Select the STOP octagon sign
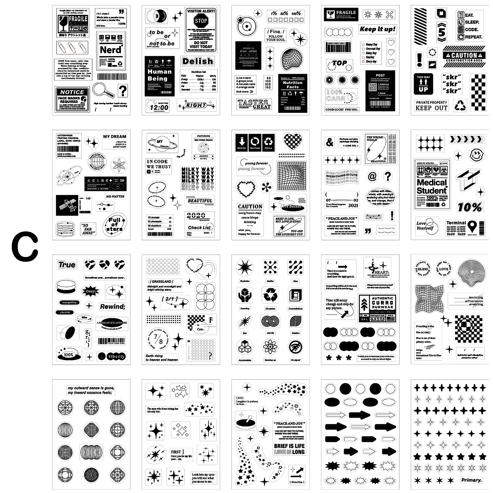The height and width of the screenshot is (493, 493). pyautogui.click(x=201, y=21)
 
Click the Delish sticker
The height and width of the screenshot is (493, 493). pyautogui.click(x=198, y=61)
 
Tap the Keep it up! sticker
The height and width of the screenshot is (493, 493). pyautogui.click(x=377, y=29)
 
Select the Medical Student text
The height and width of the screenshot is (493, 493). pyautogui.click(x=432, y=186)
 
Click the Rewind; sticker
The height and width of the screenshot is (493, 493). pyautogui.click(x=113, y=306)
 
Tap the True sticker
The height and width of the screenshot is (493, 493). pyautogui.click(x=67, y=265)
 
